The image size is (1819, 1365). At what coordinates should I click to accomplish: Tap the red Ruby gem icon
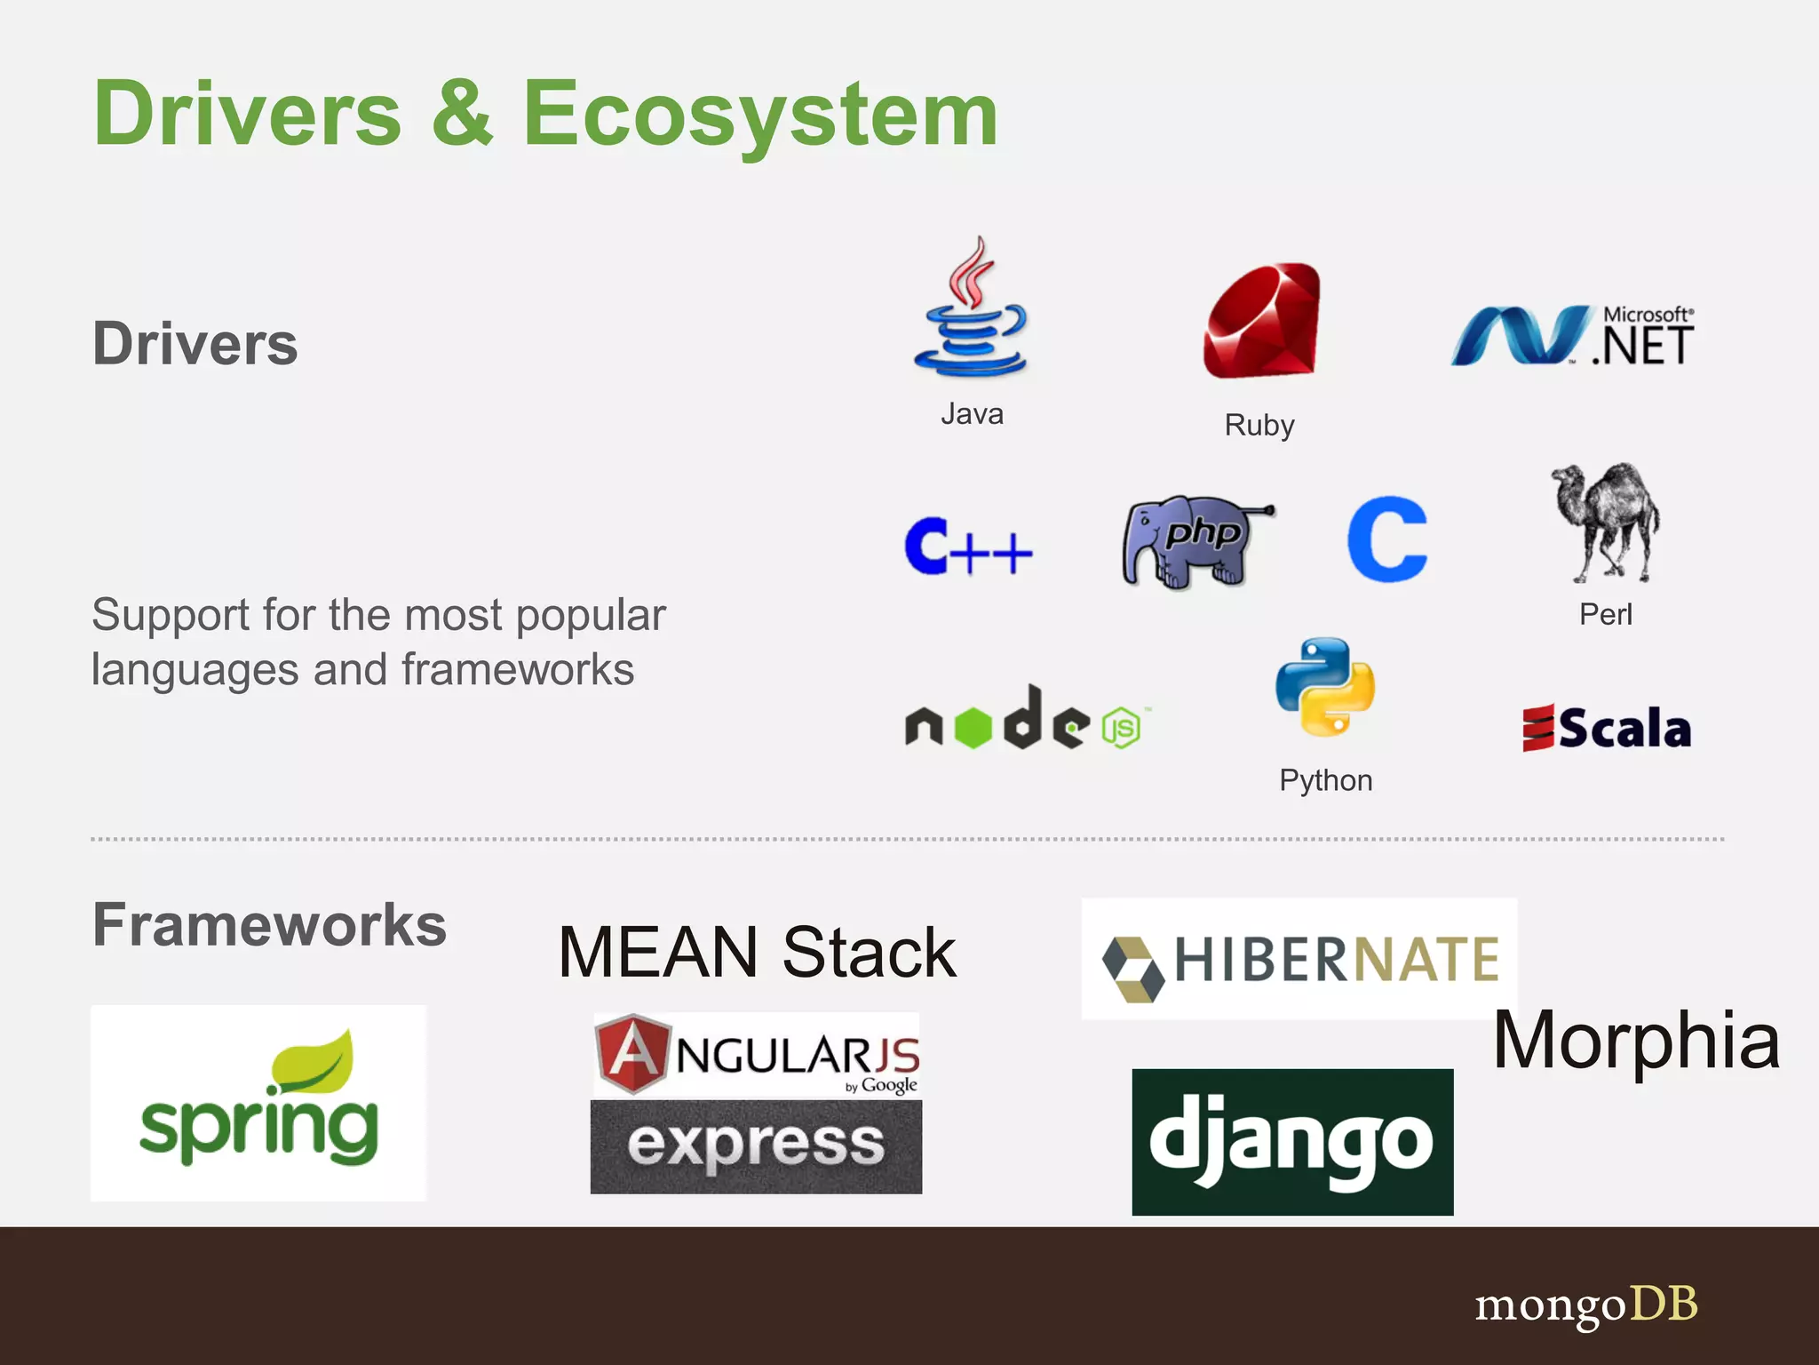tap(1261, 321)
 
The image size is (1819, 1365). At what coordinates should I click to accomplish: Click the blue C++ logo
tap(968, 547)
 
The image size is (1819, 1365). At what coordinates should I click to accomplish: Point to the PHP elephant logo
tap(1195, 541)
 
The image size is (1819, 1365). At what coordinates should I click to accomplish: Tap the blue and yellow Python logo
tap(1325, 686)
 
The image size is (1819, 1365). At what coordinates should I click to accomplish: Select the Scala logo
tap(1606, 728)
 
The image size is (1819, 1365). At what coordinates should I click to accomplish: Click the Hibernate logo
tap(1299, 960)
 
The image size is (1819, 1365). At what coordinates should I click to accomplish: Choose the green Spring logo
tap(258, 1104)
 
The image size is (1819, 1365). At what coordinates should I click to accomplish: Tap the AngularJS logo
tap(756, 1055)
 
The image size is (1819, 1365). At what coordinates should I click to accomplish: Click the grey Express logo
tap(756, 1146)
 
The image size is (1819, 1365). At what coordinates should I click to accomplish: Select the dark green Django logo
tap(1292, 1142)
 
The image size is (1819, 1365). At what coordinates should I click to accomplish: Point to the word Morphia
tap(1636, 1041)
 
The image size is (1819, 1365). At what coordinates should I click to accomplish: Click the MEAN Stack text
tap(757, 953)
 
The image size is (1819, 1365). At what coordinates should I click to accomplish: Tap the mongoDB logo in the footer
tap(1586, 1305)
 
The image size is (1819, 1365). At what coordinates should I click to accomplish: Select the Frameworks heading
tap(269, 925)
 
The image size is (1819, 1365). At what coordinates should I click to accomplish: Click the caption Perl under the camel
tap(1605, 614)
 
